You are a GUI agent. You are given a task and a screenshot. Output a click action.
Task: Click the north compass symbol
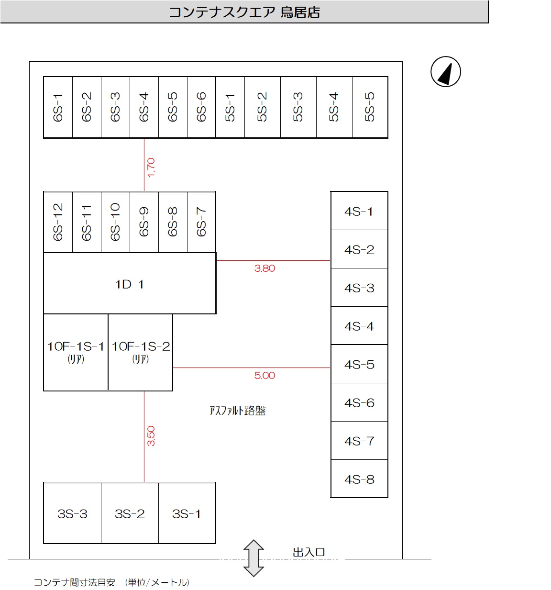click(445, 72)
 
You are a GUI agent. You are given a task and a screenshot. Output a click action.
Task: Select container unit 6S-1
click(58, 107)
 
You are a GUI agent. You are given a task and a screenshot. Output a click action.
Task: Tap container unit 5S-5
click(370, 107)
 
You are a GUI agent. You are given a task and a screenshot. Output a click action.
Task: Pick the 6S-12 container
click(58, 222)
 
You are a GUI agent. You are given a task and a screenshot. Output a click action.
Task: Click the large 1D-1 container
click(129, 284)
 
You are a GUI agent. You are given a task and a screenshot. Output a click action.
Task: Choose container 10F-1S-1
click(76, 352)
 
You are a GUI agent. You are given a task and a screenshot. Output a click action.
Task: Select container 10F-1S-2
click(141, 352)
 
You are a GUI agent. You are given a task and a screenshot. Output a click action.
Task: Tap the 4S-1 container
click(359, 211)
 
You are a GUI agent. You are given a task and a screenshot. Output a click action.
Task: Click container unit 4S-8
click(359, 479)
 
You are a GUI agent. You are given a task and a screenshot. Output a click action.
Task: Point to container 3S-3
click(72, 513)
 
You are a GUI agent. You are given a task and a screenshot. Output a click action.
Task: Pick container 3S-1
click(187, 513)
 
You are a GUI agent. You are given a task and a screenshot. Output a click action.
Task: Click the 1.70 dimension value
click(151, 167)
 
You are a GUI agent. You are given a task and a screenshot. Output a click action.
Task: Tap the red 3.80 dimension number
click(264, 268)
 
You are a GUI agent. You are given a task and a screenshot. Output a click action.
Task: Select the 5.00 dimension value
click(264, 376)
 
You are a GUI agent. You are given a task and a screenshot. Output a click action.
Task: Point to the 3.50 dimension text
click(151, 436)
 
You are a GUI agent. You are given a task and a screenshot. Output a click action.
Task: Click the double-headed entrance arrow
click(253, 558)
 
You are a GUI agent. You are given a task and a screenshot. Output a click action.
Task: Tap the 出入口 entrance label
click(309, 552)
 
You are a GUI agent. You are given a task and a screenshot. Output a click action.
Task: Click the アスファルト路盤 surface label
click(237, 411)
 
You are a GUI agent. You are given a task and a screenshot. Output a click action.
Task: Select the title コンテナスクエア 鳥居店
click(244, 12)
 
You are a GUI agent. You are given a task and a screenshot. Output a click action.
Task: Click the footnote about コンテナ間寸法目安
click(111, 582)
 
